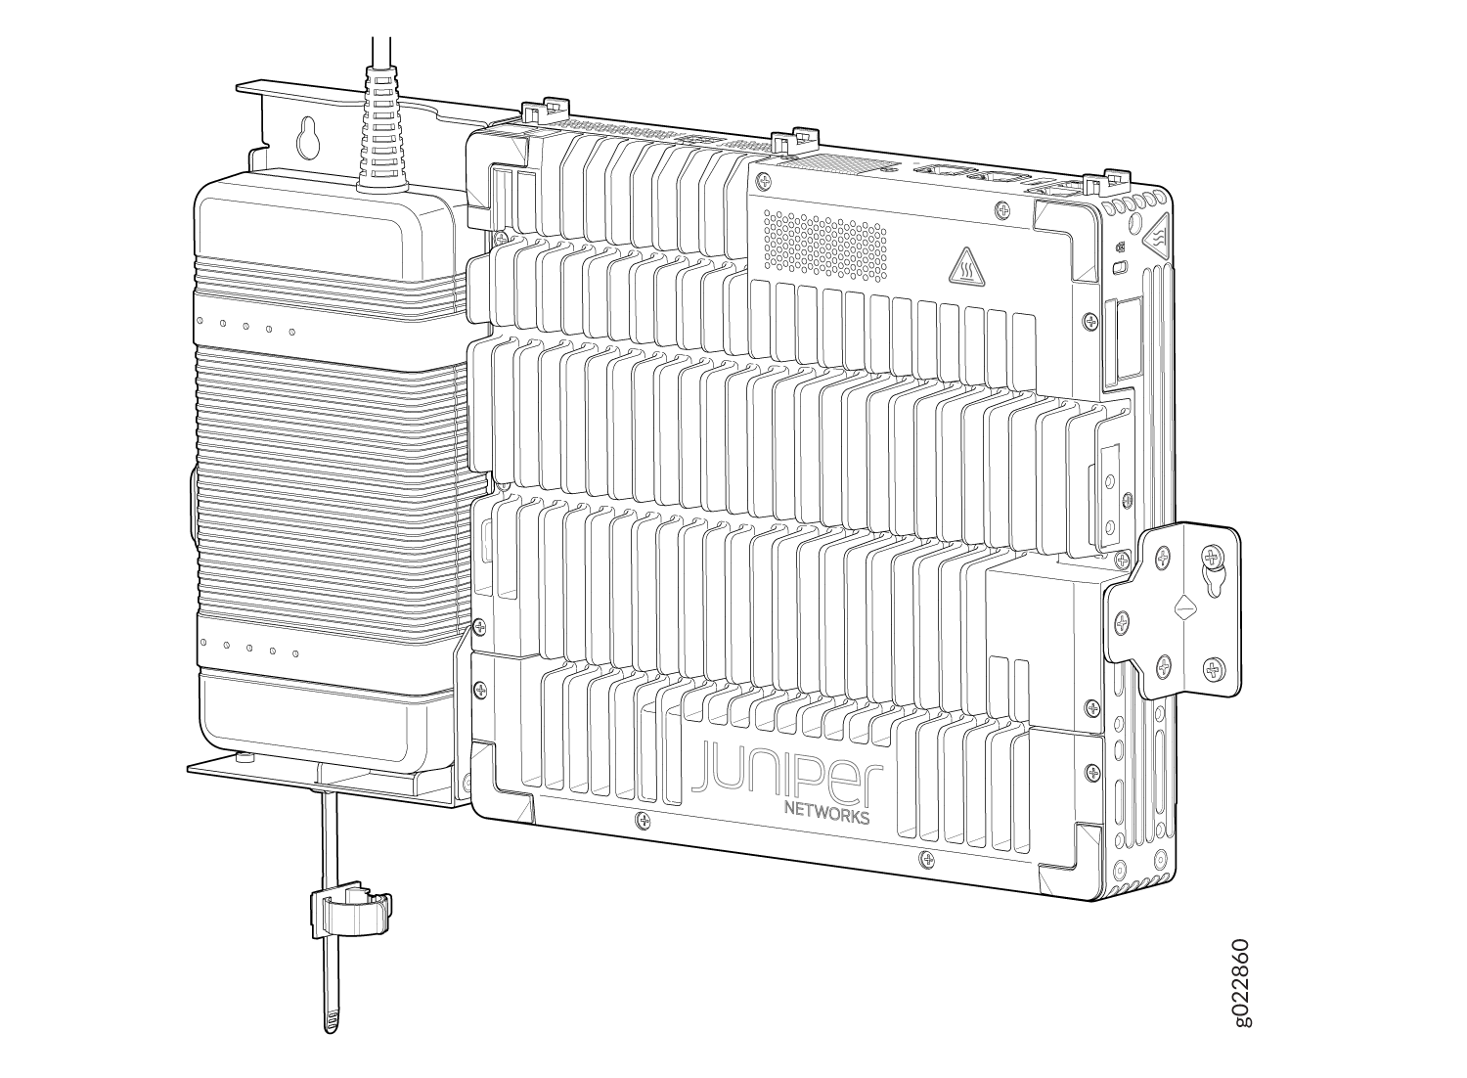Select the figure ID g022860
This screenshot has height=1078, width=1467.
tap(1239, 982)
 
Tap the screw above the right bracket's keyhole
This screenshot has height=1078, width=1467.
tap(1213, 559)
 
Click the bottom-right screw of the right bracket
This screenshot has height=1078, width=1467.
tap(1213, 671)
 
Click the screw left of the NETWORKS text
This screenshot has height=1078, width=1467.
tap(642, 818)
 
